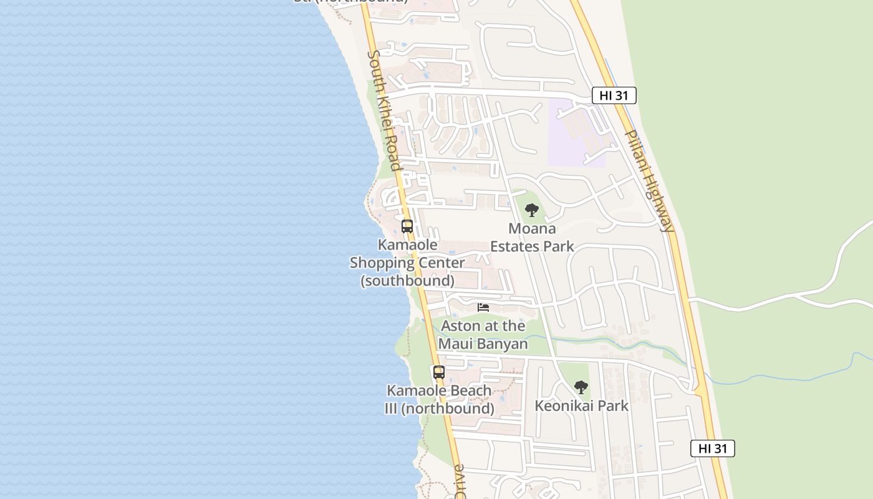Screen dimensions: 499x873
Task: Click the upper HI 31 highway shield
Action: (x=614, y=95)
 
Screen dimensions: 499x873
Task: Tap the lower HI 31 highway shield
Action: (x=712, y=448)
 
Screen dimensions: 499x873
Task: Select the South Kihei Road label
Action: (x=383, y=110)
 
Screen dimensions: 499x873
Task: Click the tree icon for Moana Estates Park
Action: (x=531, y=210)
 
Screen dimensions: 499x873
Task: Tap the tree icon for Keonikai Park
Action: (x=581, y=387)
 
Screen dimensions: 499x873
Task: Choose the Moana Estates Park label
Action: (x=532, y=238)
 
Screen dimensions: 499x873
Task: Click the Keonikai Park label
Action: (x=581, y=406)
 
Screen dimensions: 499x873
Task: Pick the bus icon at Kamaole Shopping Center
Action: (x=407, y=226)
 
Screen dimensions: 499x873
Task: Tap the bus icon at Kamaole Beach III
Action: (x=439, y=372)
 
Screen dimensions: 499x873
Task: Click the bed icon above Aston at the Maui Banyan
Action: (x=483, y=308)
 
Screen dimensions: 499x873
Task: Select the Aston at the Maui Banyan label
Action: (x=483, y=335)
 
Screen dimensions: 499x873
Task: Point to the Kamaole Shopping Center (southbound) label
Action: (x=407, y=263)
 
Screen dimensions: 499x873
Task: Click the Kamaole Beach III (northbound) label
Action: (x=440, y=400)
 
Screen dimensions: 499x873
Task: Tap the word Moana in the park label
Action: (x=532, y=228)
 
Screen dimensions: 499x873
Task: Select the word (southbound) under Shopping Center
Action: (x=407, y=281)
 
